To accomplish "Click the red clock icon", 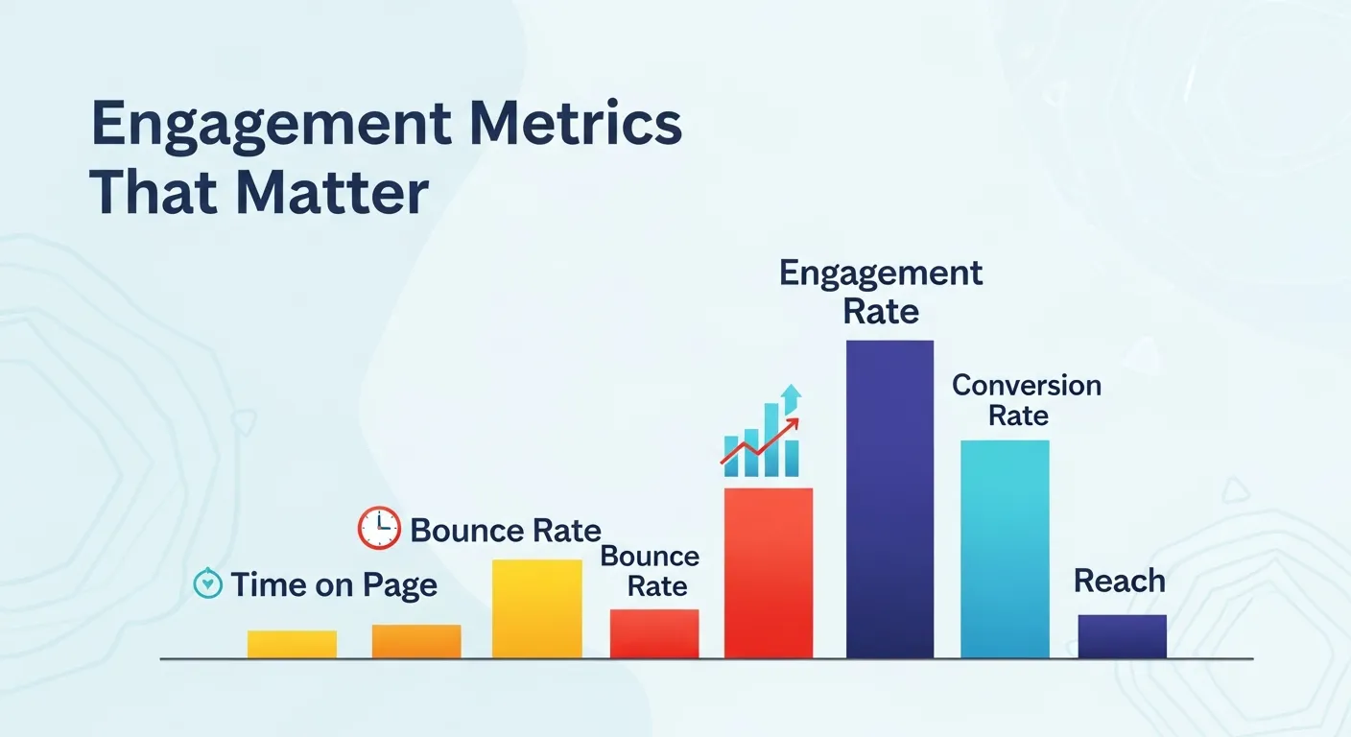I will click(379, 528).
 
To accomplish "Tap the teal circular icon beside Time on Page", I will click(207, 583).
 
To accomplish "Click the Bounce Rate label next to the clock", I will click(505, 530).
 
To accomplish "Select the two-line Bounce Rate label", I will click(651, 571).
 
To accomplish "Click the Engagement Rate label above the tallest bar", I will click(881, 292).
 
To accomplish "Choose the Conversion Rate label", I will click(1026, 400).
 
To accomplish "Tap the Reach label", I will click(1119, 581).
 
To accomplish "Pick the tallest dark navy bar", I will click(889, 499).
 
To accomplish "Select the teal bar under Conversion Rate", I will click(1005, 549).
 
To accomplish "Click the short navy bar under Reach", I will click(1122, 636).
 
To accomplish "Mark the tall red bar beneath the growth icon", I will click(769, 573).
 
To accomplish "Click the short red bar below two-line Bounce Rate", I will click(654, 633).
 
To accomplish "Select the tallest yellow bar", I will click(536, 608).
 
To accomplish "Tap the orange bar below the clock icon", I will click(416, 641).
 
